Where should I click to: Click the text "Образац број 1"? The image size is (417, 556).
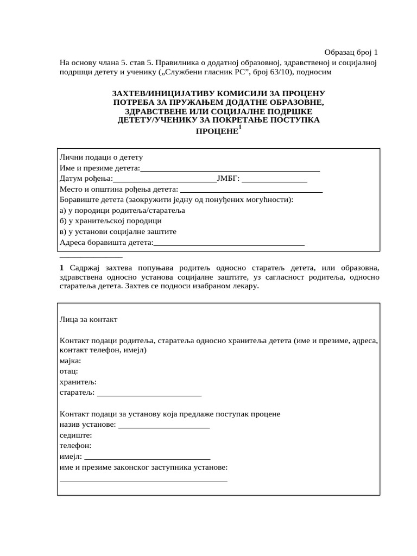point(350,52)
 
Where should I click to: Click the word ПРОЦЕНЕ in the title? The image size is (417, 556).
point(217,131)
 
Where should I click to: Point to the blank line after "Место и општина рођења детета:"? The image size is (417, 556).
point(251,191)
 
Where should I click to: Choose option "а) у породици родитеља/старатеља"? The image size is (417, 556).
point(123,210)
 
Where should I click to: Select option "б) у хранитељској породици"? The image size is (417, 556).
point(111,221)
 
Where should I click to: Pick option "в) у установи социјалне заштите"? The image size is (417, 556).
point(118,231)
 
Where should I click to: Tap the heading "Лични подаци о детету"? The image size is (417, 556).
point(101,157)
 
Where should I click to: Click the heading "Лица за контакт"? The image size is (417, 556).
point(89,320)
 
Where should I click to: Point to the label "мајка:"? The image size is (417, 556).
point(71,361)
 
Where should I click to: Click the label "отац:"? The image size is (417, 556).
point(69,371)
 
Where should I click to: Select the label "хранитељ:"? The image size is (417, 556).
point(78,382)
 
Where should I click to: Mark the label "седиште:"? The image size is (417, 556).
point(75,435)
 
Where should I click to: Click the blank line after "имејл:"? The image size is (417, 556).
point(147,458)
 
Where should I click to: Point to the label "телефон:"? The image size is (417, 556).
point(75,445)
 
